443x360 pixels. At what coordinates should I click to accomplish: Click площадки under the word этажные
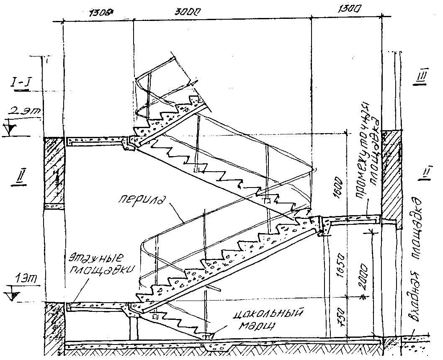(100, 269)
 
